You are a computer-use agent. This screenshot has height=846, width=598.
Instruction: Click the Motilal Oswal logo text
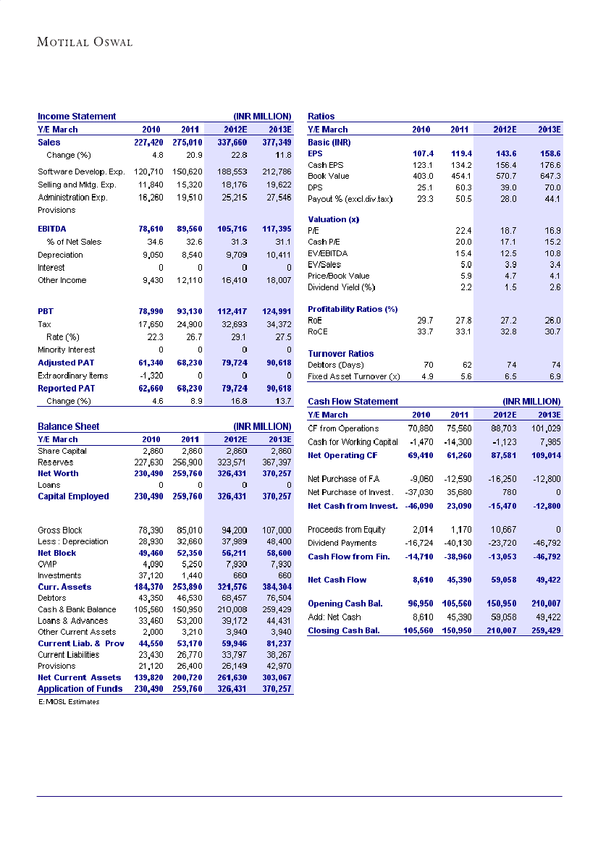pos(85,42)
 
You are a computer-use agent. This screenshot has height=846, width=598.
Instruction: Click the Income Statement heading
pos(77,116)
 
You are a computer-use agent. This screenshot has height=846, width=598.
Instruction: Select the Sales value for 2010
pos(148,143)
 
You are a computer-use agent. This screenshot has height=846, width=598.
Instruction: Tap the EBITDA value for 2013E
pos(275,228)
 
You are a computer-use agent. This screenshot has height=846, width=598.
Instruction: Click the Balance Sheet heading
pos(69,426)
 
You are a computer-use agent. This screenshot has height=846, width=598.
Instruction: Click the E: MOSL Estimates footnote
pos(69,701)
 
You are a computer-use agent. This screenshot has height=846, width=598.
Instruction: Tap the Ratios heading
pos(321,116)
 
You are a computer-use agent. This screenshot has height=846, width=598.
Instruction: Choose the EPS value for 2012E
pos(505,153)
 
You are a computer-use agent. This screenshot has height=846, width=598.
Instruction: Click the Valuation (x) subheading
pos(334,219)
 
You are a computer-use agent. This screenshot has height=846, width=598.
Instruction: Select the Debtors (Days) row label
pos(337,365)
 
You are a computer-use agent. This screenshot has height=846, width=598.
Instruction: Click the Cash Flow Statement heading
pos(353,401)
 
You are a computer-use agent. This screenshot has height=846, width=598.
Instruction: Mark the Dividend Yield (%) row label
pos(342,287)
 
